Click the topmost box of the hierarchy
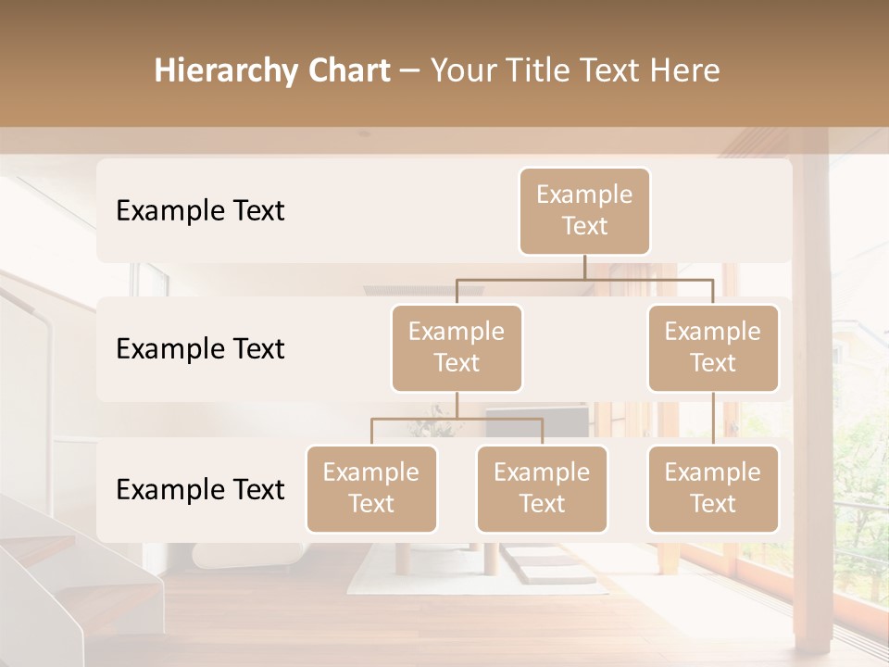click(584, 211)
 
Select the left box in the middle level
click(457, 348)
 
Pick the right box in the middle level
click(713, 348)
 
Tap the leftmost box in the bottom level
click(371, 489)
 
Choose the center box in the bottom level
click(542, 489)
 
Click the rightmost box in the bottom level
click(713, 489)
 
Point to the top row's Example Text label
click(200, 211)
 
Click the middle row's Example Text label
click(200, 349)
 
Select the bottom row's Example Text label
click(200, 490)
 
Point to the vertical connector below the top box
click(584, 267)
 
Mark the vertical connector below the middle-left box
click(457, 406)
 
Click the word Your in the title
click(462, 71)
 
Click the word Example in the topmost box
click(584, 195)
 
